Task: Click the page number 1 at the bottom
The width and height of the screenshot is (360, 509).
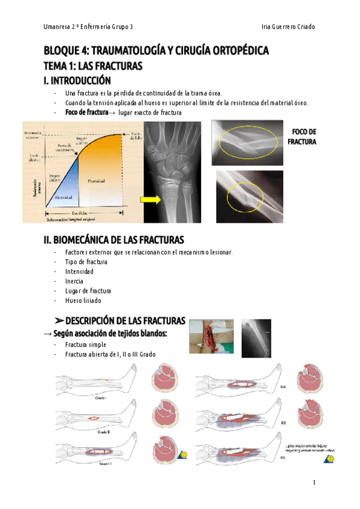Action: coord(314,483)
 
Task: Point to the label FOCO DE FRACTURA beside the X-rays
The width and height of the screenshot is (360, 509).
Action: coord(302,137)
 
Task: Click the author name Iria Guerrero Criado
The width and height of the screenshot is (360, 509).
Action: coord(289,27)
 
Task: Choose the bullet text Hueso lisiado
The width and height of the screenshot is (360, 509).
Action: coord(84,300)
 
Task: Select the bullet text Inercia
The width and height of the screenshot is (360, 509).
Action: coord(74,281)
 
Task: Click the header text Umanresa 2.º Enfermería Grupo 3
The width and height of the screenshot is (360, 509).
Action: coord(89,27)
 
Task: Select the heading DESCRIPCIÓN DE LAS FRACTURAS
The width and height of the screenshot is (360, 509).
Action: coord(119,321)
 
